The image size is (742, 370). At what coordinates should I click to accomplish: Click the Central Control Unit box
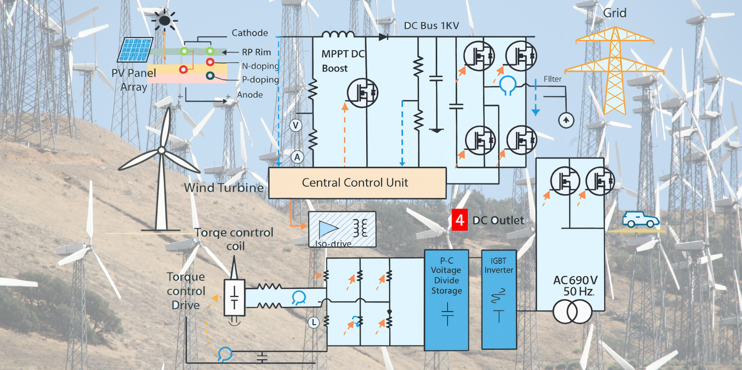pos(357,183)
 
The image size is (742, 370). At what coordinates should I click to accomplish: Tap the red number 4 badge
pos(460,221)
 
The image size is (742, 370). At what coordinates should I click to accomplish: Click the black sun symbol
pos(164,20)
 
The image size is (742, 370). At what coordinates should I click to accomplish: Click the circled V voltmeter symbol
pos(296,126)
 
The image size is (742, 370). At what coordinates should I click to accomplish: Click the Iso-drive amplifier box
pos(342,229)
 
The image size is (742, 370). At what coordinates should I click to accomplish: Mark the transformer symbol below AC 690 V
pos(572,312)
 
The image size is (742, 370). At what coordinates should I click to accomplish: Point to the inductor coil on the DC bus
pos(338,34)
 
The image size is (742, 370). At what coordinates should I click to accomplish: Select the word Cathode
pos(250,33)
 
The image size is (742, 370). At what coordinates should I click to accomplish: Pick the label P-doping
pos(260,79)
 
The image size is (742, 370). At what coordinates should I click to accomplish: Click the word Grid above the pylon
pos(615,13)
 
